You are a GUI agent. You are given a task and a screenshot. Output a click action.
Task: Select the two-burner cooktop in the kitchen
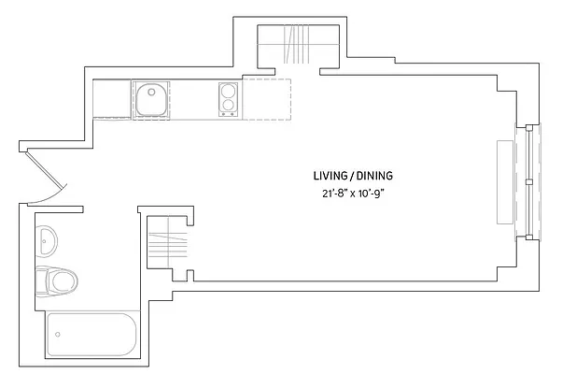230,100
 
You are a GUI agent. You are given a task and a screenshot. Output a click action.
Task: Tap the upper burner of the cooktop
229,92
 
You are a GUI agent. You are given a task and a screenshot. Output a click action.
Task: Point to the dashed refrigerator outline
268,98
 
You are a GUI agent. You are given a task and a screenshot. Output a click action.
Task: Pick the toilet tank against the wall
40,280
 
